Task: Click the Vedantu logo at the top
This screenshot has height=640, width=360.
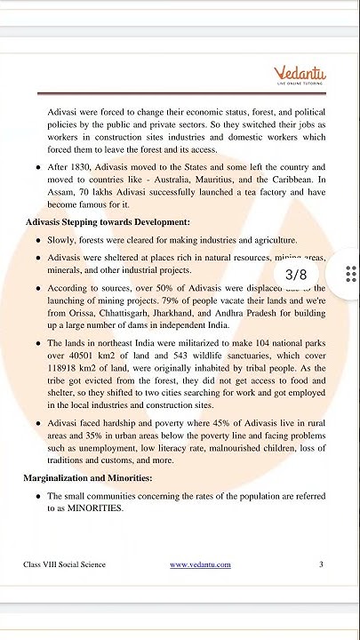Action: tap(300, 75)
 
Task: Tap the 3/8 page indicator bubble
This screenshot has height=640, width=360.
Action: tap(296, 275)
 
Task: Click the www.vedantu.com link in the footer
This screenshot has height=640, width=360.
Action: tap(200, 564)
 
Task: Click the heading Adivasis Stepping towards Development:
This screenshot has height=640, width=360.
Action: tap(107, 221)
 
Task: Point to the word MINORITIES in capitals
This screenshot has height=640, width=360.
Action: tap(97, 509)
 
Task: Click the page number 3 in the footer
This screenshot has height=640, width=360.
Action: tap(321, 564)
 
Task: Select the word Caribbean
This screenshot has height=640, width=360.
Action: tap(297, 179)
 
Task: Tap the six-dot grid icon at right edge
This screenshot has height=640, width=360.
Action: tap(351, 274)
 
